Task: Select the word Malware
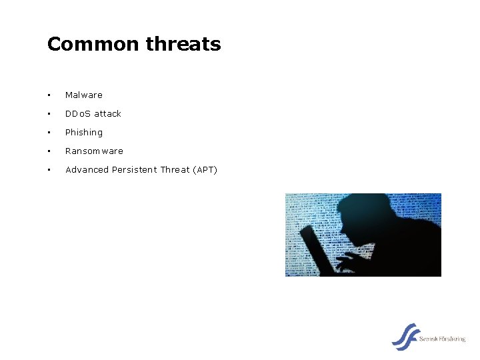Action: [84, 95]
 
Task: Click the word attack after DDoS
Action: [108, 114]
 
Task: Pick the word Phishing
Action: [84, 133]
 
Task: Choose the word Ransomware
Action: [94, 151]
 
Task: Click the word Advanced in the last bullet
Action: [87, 170]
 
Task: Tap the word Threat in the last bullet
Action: [175, 170]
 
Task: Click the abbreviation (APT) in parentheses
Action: [205, 170]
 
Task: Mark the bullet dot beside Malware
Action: [49, 95]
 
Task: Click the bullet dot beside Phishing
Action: [49, 133]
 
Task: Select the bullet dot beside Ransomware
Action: [49, 151]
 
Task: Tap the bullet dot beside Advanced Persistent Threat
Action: [49, 170]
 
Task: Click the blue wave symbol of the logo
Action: [405, 337]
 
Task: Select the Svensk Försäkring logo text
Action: [442, 339]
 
